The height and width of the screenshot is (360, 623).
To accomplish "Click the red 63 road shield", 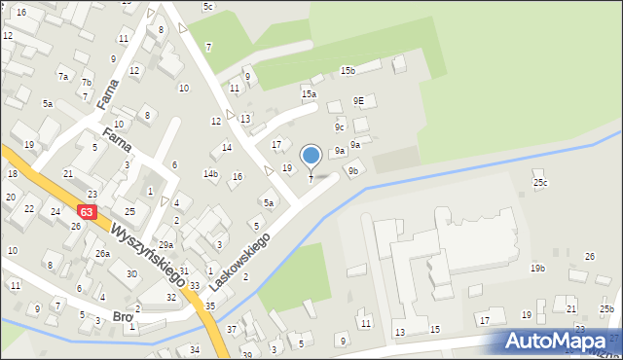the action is click(89, 211).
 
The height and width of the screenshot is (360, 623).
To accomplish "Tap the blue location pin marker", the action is click(311, 156).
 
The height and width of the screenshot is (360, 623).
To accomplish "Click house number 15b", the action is click(348, 71).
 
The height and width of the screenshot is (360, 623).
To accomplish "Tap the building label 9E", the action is click(358, 100).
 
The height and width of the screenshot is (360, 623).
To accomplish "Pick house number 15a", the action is click(309, 93).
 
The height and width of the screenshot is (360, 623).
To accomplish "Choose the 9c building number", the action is click(340, 127).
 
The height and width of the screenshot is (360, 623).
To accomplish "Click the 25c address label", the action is click(540, 182).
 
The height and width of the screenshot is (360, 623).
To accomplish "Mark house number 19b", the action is click(537, 268).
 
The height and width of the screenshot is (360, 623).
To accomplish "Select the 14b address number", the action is click(210, 174).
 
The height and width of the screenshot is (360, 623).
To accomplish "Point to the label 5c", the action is click(208, 7).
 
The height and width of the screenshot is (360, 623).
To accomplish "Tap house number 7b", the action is click(87, 83).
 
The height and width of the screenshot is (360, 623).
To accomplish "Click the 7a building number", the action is click(63, 76).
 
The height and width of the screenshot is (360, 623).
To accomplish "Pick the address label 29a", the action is click(166, 244).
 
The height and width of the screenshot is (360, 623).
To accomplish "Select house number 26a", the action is click(102, 253).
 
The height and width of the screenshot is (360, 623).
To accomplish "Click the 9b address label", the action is click(353, 171).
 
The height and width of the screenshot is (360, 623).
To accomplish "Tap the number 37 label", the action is click(232, 329).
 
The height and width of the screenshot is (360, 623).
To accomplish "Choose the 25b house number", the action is click(606, 308).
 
